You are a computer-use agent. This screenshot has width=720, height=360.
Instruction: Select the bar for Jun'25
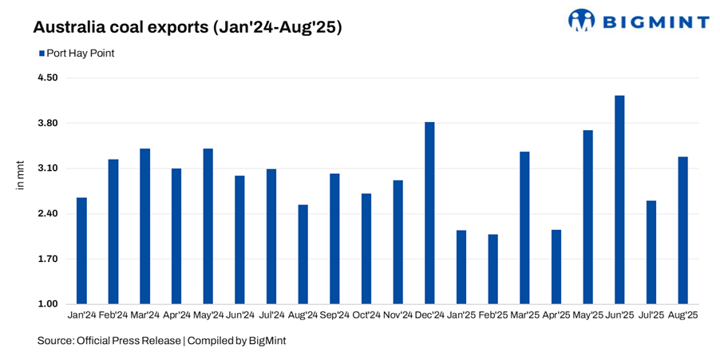(x=619, y=200)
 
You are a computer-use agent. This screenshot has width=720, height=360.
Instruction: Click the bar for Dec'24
(x=429, y=213)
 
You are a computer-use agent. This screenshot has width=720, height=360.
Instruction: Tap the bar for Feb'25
(x=493, y=269)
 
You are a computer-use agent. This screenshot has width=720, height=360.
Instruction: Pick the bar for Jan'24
(x=81, y=251)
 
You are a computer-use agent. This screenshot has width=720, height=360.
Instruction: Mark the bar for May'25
(x=587, y=217)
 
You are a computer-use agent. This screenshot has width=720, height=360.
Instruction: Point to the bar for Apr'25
(x=556, y=267)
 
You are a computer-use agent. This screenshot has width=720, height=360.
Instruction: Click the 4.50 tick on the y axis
(x=47, y=78)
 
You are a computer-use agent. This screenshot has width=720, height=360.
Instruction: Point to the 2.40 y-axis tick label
(x=47, y=214)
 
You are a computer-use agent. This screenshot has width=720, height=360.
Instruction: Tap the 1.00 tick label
(x=47, y=304)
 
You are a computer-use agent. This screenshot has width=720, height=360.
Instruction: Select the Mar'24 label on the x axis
(x=144, y=316)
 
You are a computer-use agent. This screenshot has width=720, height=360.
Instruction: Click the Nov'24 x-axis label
(x=398, y=316)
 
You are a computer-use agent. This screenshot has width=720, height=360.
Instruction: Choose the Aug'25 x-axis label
(x=682, y=316)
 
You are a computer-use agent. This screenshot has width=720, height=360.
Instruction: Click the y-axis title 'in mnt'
(x=22, y=175)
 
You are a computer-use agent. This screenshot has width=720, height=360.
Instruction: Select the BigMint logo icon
(x=581, y=20)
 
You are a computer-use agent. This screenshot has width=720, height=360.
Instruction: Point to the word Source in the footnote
(x=53, y=341)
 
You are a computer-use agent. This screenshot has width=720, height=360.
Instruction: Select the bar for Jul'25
(x=651, y=252)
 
